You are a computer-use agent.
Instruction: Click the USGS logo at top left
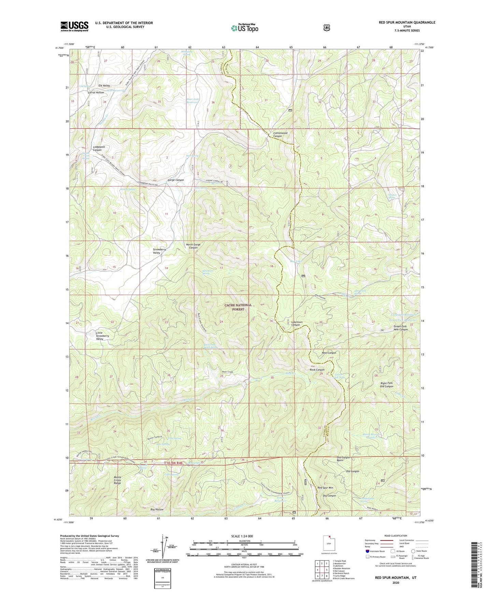click(74, 26)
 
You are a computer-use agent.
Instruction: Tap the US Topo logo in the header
click(244, 28)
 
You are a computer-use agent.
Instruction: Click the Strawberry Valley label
click(159, 251)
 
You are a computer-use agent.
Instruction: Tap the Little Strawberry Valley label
click(102, 336)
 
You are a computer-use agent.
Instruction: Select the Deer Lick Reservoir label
click(193, 101)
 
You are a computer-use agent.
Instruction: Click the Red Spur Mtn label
click(325, 488)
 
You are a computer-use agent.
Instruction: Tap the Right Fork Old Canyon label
click(387, 385)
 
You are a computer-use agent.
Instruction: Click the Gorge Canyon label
click(176, 180)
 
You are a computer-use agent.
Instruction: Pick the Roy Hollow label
click(157, 509)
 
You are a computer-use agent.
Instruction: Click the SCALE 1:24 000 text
click(242, 536)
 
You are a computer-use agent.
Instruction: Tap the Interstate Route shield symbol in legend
click(367, 551)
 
